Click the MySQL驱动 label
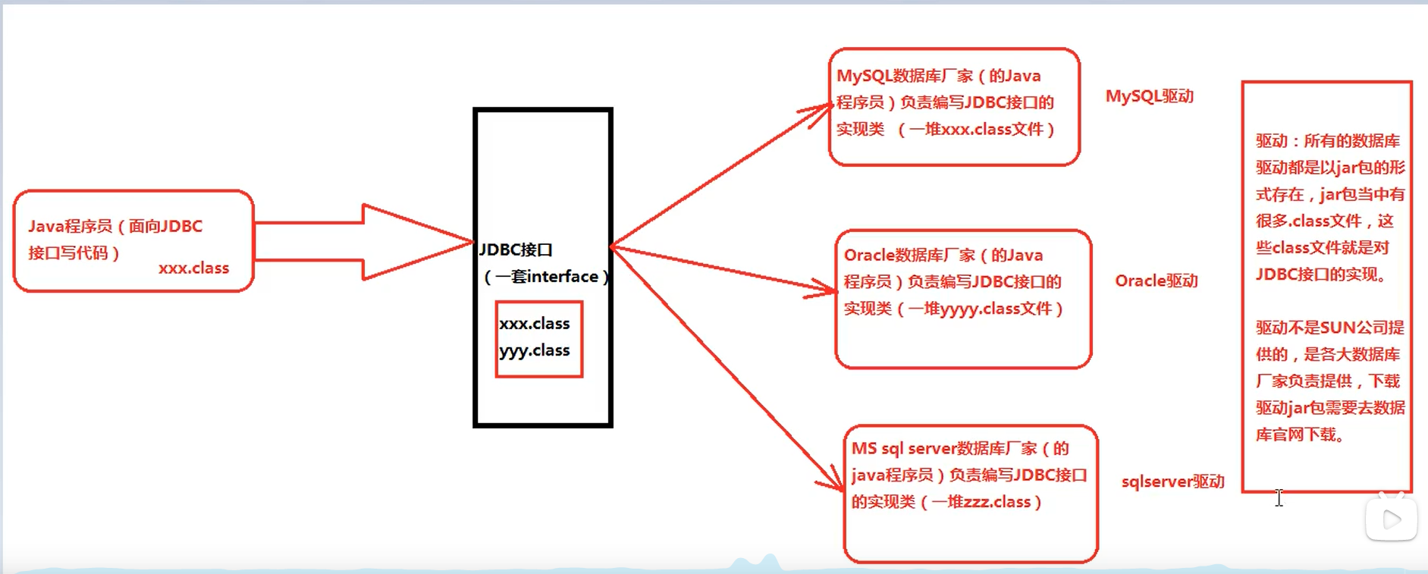point(1149,96)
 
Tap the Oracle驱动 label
point(1156,281)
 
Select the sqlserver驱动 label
point(1172,481)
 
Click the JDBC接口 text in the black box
point(516,249)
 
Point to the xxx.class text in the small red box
point(534,324)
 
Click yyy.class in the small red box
point(534,350)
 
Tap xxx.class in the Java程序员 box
point(193,268)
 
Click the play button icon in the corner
point(1391,519)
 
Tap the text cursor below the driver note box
point(1279,497)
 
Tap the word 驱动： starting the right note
point(1277,141)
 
